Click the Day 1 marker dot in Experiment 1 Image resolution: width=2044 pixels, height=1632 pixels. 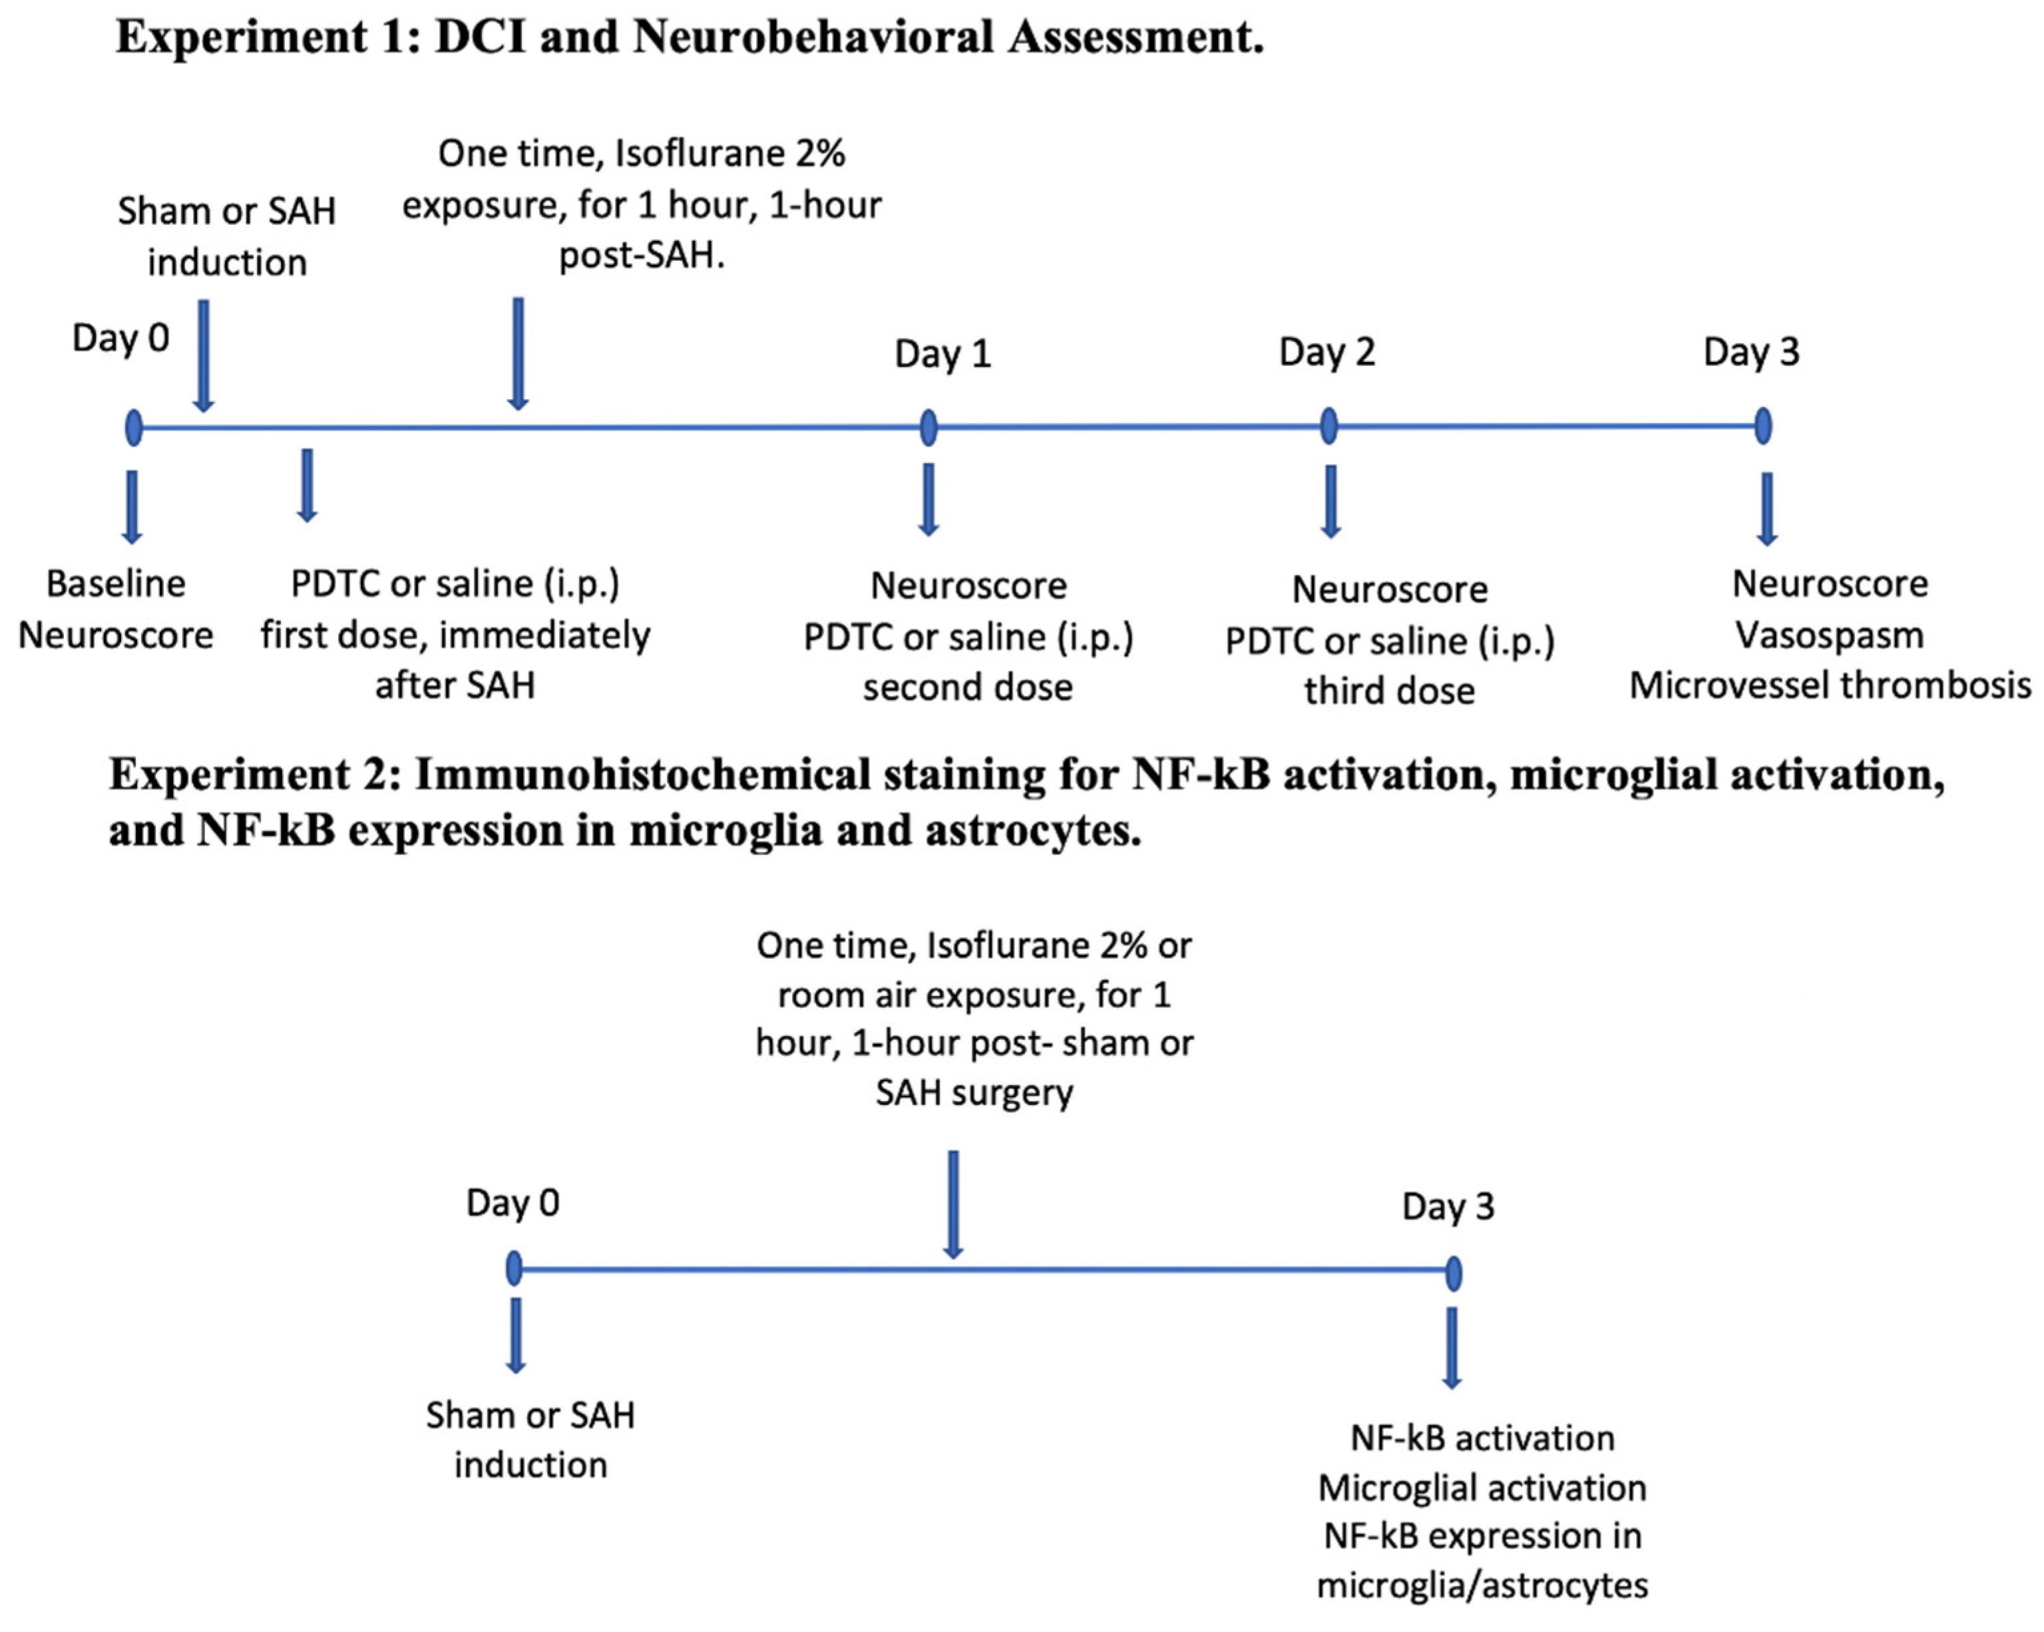pos(928,427)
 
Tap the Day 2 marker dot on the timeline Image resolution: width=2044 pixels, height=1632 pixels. pos(1329,426)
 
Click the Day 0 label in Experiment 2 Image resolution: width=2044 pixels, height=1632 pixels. pos(513,1203)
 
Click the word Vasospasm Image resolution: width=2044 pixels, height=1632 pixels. pos(1829,635)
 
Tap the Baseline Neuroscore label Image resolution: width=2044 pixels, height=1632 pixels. pos(116,609)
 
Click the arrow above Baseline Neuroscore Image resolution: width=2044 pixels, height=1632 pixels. pos(132,507)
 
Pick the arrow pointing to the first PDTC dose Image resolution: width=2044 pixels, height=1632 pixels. pos(306,485)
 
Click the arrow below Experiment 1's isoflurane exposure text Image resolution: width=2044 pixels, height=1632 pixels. pos(518,353)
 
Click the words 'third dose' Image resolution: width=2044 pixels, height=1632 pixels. pos(1389,691)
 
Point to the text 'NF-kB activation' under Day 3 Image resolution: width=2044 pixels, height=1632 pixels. pos(1482,1438)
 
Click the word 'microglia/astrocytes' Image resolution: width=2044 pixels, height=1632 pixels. pos(1482,1585)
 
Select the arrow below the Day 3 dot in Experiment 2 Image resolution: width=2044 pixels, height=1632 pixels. pos(1452,1348)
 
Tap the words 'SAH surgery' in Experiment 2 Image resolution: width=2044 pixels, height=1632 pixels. pos(974,1092)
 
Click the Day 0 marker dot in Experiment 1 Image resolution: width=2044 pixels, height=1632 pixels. pos(134,427)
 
